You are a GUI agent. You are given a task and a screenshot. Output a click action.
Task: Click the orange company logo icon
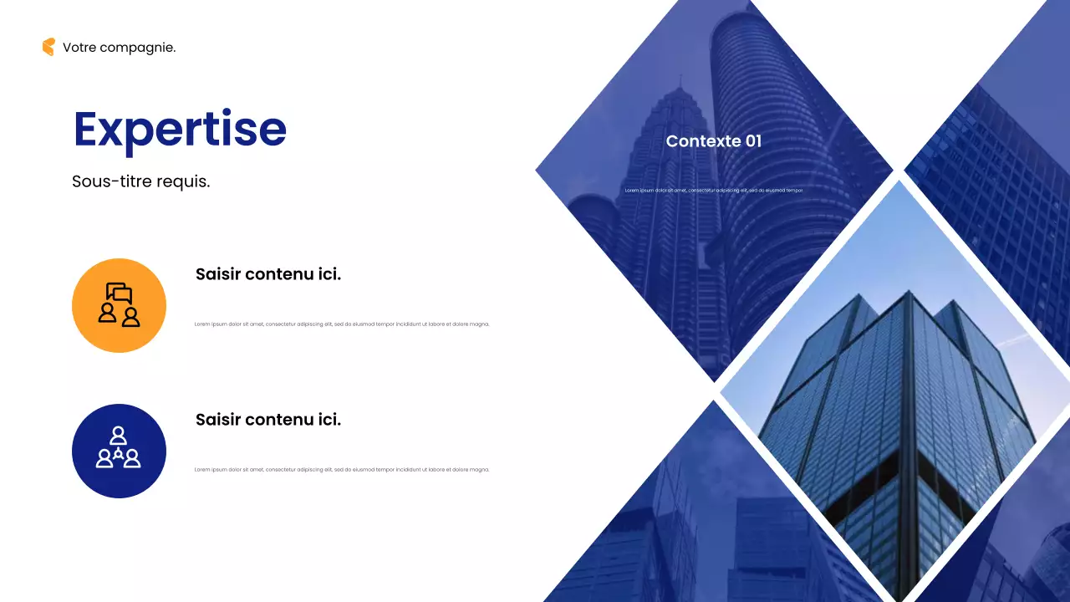click(48, 47)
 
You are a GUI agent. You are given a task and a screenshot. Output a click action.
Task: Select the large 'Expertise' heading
click(180, 129)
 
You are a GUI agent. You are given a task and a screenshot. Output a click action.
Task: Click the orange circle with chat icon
click(119, 305)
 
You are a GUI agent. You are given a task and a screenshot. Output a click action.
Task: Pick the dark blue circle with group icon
click(119, 451)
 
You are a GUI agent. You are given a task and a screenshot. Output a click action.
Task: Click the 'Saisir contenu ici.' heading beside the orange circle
click(268, 274)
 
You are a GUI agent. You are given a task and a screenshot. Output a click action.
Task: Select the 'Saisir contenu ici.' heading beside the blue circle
click(268, 420)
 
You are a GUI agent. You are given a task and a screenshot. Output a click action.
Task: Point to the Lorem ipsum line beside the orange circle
click(342, 324)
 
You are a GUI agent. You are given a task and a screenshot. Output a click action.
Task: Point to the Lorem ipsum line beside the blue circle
click(342, 470)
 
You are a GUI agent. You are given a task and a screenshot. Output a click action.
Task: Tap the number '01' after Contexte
click(753, 141)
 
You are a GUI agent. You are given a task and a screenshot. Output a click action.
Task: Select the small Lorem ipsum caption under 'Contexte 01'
click(714, 191)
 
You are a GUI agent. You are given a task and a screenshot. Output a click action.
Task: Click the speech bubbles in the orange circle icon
click(120, 293)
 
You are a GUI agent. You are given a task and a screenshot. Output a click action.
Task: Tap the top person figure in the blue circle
click(119, 436)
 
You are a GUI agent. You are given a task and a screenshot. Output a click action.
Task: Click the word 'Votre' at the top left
click(79, 48)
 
